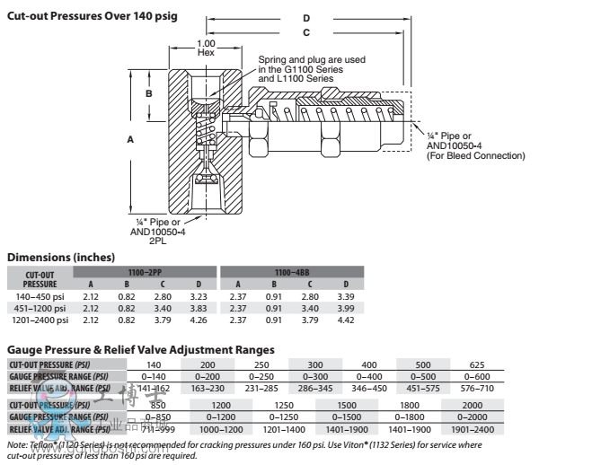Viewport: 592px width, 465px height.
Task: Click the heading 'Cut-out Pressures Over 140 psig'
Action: tap(93, 16)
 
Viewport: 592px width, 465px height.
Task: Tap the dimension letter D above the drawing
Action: tap(306, 18)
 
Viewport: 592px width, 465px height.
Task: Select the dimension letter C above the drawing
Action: tap(306, 33)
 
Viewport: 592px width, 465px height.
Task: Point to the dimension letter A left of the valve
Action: tap(131, 140)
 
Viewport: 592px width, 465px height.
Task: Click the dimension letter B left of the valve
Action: tap(150, 93)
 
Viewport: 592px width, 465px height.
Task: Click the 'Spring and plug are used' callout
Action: tap(312, 60)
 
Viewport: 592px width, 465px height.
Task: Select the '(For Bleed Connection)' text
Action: tap(475, 156)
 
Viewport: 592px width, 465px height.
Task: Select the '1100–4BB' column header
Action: tap(292, 270)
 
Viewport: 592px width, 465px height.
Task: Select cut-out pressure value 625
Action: tap(476, 365)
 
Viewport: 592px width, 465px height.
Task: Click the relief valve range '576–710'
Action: tap(476, 388)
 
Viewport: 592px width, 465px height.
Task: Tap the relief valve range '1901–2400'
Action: tap(476, 430)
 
